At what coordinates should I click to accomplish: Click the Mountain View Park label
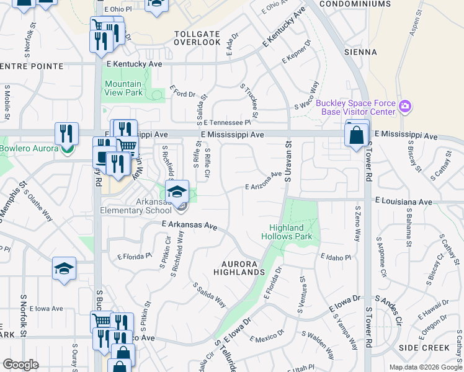coord(123,88)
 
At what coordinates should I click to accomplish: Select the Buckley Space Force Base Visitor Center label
coord(355,107)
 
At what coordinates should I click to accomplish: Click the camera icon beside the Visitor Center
coord(405,107)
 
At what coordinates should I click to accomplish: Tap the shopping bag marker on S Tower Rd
coord(357,135)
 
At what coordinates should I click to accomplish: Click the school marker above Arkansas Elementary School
coord(177,190)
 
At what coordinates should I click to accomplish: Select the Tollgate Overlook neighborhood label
coord(197,38)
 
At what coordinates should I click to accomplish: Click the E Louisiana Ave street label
coord(403,202)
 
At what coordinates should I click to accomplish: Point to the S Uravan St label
coord(288,162)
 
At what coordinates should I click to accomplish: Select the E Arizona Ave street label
coord(264,181)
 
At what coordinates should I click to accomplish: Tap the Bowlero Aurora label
coord(29,148)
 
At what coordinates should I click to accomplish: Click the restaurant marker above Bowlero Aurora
coord(66,133)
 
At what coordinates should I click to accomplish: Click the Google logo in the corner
coord(21,365)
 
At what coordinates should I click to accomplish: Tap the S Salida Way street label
coord(209,296)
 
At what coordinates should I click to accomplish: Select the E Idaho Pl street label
coord(336,257)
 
